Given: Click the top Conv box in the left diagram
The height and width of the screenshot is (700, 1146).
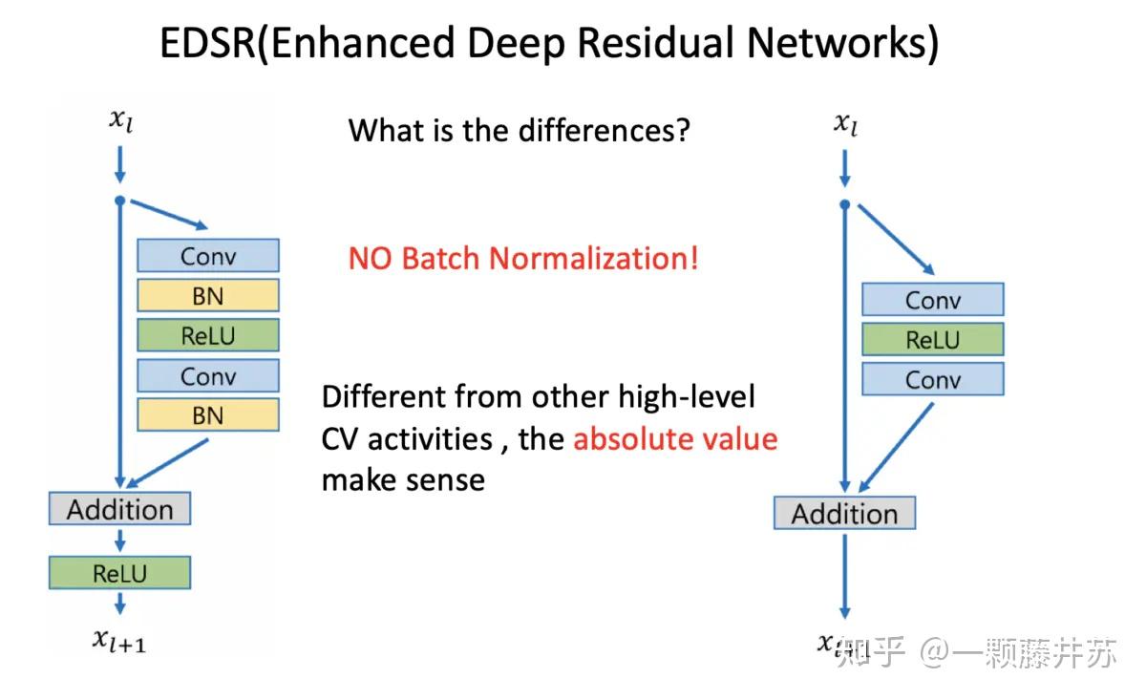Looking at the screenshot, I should (x=208, y=256).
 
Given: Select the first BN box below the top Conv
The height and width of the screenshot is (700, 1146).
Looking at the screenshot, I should (x=208, y=296).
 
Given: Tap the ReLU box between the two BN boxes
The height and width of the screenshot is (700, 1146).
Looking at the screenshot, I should (x=208, y=335).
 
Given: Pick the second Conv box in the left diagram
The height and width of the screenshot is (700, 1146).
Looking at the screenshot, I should (x=208, y=375).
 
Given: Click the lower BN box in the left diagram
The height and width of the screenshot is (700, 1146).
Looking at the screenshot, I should (x=208, y=414).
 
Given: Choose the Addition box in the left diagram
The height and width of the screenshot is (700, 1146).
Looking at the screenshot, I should (x=119, y=509).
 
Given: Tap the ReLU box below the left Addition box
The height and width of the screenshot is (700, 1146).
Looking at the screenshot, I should (x=119, y=573).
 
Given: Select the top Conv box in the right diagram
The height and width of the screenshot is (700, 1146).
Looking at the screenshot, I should (x=932, y=300).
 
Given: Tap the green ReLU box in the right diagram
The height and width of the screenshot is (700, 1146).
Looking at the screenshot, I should (x=932, y=340).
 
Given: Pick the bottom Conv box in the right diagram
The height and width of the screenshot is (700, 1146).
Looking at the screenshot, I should (x=932, y=379).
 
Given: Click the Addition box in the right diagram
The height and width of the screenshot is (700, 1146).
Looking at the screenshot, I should (x=844, y=514).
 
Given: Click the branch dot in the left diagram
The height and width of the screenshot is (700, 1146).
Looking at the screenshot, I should (x=119, y=200).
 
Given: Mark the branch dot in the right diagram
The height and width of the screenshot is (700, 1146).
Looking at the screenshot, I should (x=844, y=203).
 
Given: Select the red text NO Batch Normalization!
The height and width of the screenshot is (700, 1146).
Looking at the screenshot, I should (x=523, y=258).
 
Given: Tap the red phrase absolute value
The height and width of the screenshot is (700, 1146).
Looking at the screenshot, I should (x=675, y=438).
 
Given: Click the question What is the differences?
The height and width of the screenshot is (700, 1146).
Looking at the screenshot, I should (x=519, y=129).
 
